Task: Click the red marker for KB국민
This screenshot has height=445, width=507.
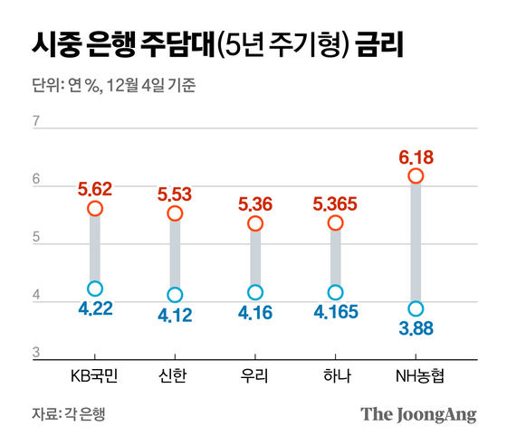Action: (95, 209)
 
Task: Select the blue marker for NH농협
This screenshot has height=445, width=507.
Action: (416, 309)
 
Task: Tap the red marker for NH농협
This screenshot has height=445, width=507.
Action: (416, 176)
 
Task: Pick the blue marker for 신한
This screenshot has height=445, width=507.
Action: (175, 295)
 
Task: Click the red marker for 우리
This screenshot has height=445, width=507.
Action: (255, 223)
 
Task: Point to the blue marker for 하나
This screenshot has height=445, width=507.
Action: (335, 292)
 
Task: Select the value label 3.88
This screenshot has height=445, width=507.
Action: (416, 328)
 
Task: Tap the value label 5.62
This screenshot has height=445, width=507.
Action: (95, 190)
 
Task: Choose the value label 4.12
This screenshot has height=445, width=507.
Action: (175, 314)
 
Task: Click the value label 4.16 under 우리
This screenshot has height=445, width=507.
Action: (255, 312)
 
